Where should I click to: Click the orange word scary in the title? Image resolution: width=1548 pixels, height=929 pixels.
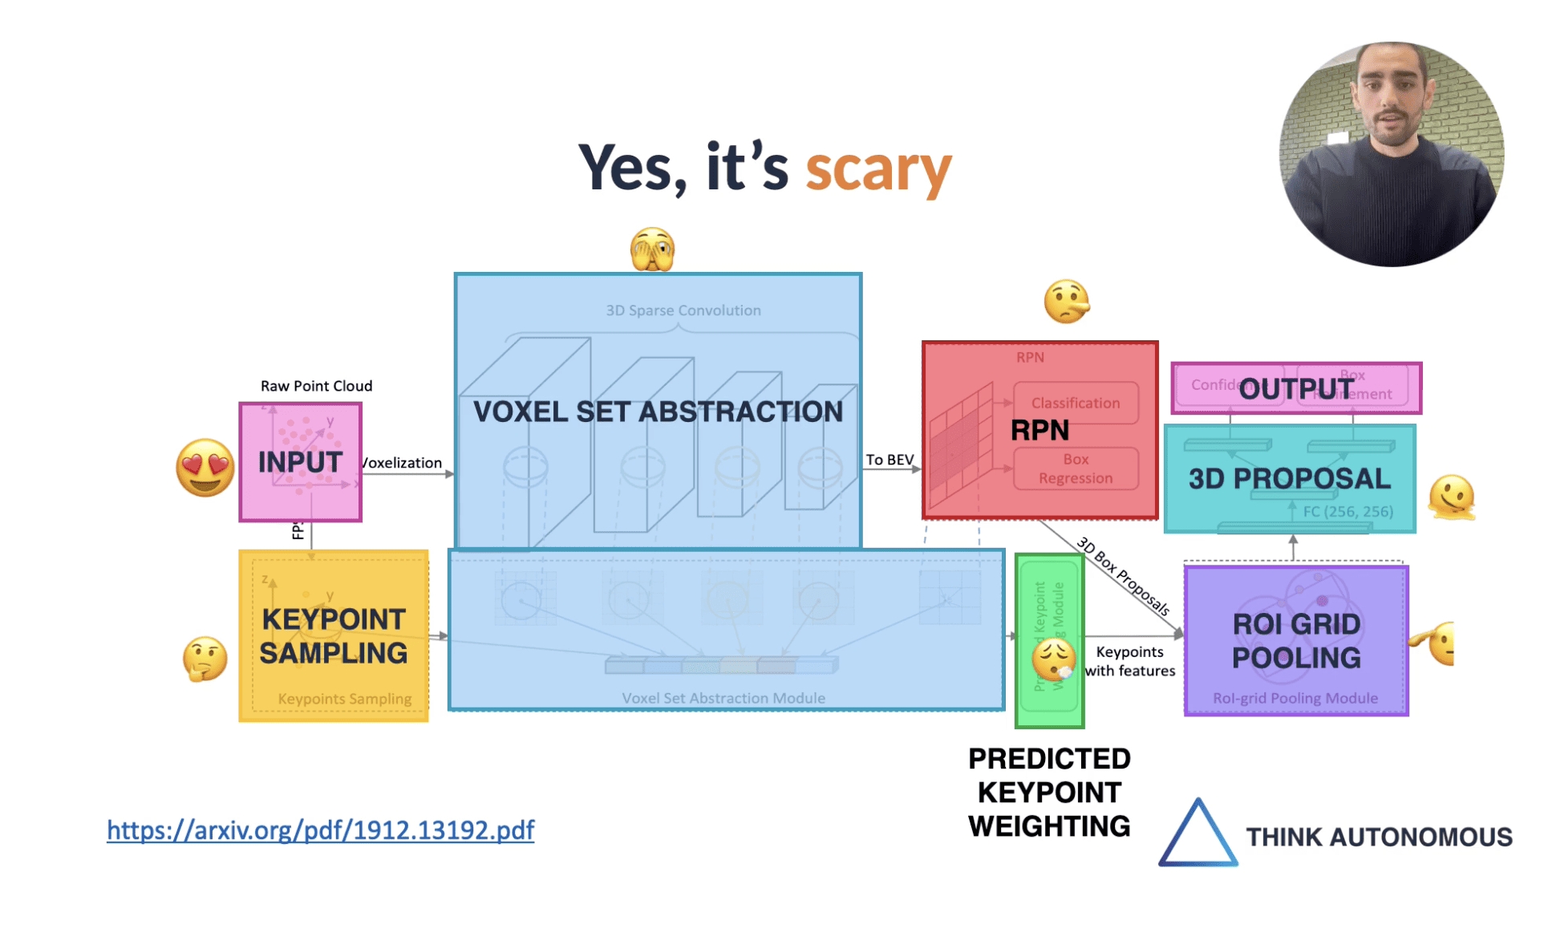(877, 169)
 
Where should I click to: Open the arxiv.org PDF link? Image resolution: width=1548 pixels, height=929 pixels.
(320, 830)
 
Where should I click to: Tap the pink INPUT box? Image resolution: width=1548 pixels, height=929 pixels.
(301, 462)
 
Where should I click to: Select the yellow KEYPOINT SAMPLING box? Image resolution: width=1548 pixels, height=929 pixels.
(333, 635)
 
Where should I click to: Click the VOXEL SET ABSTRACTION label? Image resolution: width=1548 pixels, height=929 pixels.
(658, 412)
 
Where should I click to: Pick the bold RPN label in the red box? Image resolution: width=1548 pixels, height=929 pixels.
(1039, 430)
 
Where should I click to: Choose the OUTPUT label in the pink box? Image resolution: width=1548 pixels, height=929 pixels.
(1296, 388)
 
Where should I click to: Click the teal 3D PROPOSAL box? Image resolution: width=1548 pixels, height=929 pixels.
(1289, 479)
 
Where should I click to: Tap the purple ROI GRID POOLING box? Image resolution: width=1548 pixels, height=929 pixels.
(1296, 640)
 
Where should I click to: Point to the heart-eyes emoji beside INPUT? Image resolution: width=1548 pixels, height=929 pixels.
(205, 467)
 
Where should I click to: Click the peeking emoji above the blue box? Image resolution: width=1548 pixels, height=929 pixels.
(652, 249)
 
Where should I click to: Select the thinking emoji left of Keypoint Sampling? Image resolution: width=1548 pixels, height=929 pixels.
(205, 659)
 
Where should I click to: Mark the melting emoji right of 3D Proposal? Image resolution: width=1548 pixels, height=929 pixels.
(1451, 497)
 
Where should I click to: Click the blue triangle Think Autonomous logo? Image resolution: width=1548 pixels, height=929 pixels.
(1197, 834)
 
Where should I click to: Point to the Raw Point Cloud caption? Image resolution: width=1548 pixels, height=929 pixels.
(316, 386)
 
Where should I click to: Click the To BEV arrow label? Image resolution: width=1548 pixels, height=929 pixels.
(889, 460)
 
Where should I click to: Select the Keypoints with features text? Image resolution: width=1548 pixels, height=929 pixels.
(1129, 661)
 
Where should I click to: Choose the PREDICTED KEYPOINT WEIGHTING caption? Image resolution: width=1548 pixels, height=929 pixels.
(1049, 792)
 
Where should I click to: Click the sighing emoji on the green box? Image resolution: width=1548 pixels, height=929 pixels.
(1053, 659)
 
